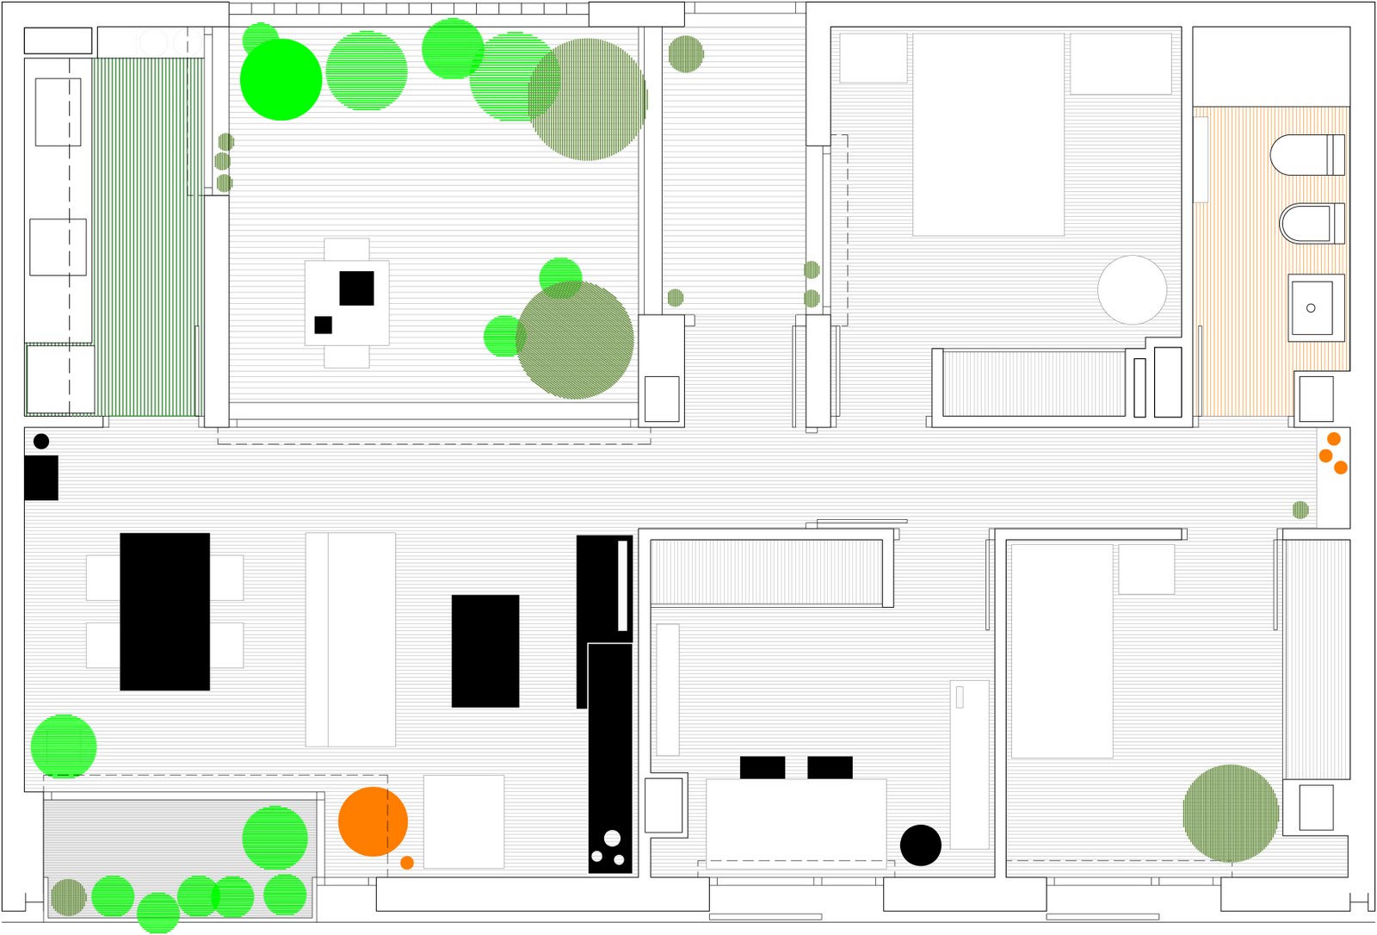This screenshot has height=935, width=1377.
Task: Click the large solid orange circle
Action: pos(373,821)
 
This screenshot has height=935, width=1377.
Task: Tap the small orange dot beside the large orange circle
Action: pos(407,863)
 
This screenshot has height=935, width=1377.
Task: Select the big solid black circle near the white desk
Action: pos(920,845)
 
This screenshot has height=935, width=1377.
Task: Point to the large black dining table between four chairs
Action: pos(164,611)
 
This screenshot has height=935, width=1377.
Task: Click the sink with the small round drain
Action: pos(1311,307)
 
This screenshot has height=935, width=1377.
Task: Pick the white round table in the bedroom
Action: pos(1132,290)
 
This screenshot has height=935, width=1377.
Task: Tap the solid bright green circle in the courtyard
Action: pos(281,79)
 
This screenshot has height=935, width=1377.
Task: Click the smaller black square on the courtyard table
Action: pos(323,325)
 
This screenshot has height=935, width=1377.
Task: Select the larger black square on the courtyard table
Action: pos(356,288)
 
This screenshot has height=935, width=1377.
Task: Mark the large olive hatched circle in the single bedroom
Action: pos(1230,813)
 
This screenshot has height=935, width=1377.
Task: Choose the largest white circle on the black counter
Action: pos(612,838)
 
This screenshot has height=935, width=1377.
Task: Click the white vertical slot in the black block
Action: pos(622,585)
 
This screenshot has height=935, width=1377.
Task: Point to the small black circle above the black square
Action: pos(41,442)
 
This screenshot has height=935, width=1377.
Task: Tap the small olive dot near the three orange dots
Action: pos(1300,510)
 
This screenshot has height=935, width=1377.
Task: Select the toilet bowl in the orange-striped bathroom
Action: pos(1301,155)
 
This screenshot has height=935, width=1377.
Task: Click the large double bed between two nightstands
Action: pos(988,134)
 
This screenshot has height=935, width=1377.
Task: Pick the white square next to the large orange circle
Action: pos(464,821)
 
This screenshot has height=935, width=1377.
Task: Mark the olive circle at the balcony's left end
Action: pos(69,897)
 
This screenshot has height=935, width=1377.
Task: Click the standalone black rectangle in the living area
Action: pos(485,651)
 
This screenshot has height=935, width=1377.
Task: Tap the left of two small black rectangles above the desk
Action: pos(762,767)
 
